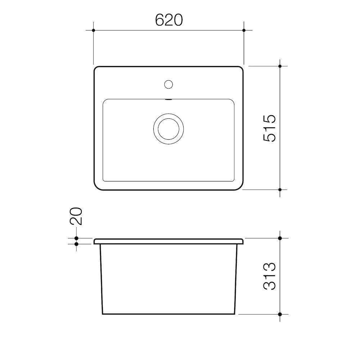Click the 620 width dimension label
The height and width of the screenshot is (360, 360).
coord(169,20)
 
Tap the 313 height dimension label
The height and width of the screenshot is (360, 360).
coord(269,276)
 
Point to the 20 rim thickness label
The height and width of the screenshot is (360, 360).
coord(76,216)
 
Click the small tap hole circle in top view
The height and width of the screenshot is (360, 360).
coord(168,84)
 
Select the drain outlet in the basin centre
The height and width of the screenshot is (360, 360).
coord(168,129)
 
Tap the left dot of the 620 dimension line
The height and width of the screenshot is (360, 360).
coord(94,30)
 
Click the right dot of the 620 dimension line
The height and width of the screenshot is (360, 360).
coord(244,30)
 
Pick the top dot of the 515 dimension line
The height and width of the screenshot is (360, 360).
coord(280,66)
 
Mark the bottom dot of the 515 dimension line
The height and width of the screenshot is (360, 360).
coord(280,190)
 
